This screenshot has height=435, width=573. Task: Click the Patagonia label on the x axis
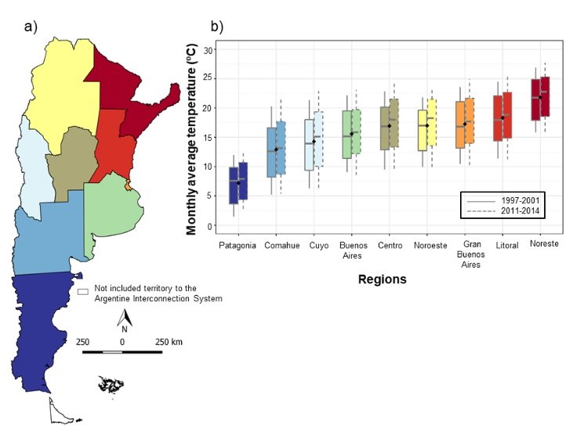coord(238,246)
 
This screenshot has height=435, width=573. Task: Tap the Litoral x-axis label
coord(506,246)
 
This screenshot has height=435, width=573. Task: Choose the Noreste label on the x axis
coord(544,245)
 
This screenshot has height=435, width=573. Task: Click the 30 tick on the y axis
coord(209,49)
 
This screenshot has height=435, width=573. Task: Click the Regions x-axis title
coord(382,279)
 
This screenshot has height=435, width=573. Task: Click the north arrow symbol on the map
coord(123,317)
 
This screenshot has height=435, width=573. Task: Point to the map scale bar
coord(122,352)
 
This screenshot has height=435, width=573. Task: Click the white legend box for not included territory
coord(82,290)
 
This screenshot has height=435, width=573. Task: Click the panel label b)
coord(216,26)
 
